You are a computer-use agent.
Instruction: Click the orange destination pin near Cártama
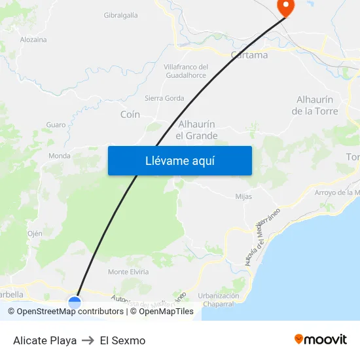tap(286, 7)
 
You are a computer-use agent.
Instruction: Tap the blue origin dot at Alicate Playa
tap(75, 302)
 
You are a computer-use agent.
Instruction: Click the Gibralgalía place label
tap(120, 15)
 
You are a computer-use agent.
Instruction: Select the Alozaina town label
tap(33, 39)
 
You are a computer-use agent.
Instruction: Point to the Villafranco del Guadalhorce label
tap(185, 71)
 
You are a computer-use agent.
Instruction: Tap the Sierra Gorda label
tap(164, 98)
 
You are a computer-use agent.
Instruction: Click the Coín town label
tap(130, 115)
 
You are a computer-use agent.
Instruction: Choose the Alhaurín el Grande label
tap(196, 130)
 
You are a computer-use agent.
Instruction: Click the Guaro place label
tap(56, 124)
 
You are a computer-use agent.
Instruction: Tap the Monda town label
tap(60, 156)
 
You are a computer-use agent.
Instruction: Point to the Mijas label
tap(243, 196)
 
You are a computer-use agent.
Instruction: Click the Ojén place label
tap(35, 234)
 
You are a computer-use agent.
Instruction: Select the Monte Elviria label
tap(128, 272)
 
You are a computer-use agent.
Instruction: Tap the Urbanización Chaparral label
tap(218, 300)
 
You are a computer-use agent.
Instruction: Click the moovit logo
tap(320, 340)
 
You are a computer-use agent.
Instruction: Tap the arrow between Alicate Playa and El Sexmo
tap(88, 340)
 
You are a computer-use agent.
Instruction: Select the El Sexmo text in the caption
tap(122, 340)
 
